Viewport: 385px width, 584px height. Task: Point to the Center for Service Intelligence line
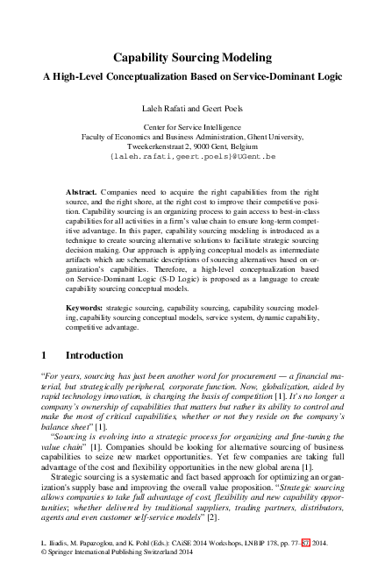tap(192, 127)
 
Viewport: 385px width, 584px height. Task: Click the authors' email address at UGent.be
tap(192, 158)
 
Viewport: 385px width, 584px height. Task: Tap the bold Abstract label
tap(82, 191)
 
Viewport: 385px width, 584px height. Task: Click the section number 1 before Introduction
tap(45, 356)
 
